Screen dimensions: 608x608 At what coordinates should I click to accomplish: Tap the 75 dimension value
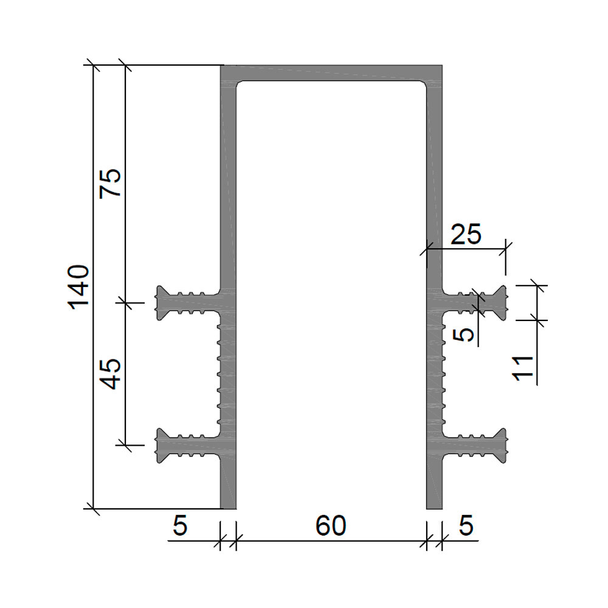pyautogui.click(x=111, y=184)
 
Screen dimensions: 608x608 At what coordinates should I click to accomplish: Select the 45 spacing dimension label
pyautogui.click(x=111, y=374)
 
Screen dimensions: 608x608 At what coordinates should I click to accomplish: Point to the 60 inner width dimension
pyautogui.click(x=330, y=526)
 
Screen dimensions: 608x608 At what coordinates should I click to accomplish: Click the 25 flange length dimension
pyautogui.click(x=466, y=234)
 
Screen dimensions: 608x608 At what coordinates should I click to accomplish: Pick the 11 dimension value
pyautogui.click(x=523, y=368)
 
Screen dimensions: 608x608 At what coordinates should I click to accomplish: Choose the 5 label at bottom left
pyautogui.click(x=180, y=526)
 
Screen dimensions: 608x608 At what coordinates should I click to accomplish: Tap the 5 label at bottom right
pyautogui.click(x=466, y=526)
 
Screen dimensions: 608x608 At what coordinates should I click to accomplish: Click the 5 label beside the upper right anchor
pyautogui.click(x=463, y=334)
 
